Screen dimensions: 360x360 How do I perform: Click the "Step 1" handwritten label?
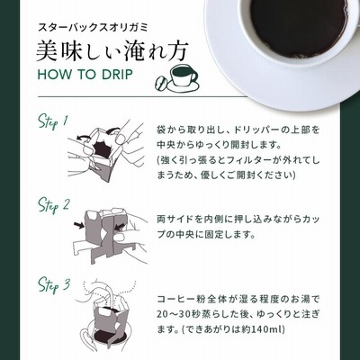tap(53, 121)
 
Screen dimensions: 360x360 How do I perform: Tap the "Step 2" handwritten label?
tap(53, 205)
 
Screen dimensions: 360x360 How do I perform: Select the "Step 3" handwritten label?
tap(54, 286)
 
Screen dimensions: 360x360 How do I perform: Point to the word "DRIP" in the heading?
tap(117, 75)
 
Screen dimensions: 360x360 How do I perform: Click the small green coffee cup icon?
tap(183, 78)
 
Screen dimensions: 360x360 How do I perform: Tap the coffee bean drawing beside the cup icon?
tap(160, 84)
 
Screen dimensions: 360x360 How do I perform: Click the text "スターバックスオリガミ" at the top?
tap(93, 28)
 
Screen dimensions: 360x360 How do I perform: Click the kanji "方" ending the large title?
tap(177, 51)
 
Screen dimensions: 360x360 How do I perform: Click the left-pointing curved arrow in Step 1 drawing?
tap(84, 138)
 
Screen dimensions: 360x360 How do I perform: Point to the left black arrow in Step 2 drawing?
tap(78, 226)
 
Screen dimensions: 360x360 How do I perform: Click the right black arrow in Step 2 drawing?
tap(121, 227)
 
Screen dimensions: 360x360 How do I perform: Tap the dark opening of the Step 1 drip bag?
tap(102, 149)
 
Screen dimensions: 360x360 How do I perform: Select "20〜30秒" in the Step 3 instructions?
tap(176, 314)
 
